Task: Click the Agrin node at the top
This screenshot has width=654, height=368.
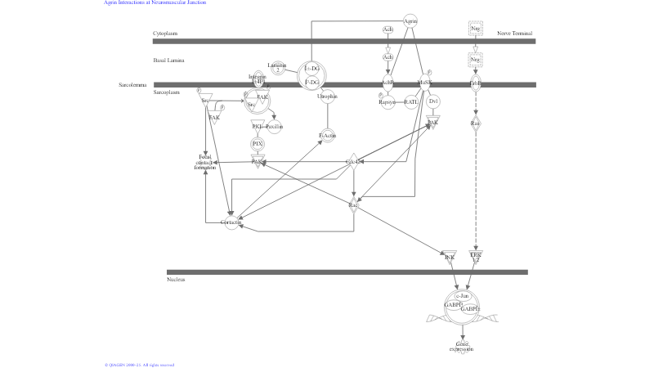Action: coord(410,20)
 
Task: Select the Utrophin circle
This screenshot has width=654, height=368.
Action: coord(327,96)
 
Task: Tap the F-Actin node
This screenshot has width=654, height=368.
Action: coord(327,135)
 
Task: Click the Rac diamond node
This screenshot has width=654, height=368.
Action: coord(354,204)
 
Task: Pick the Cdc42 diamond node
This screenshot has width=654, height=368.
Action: coord(354,162)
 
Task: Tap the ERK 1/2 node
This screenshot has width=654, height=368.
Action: coord(476,257)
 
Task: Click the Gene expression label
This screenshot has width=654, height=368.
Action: coord(462,347)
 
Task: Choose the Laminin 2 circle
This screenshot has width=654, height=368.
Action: coord(277,67)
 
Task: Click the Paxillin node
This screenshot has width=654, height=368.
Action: coord(275,127)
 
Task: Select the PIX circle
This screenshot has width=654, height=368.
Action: coord(258,144)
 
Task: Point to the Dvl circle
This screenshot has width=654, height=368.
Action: coord(433,101)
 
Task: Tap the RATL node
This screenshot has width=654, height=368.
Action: coord(410,102)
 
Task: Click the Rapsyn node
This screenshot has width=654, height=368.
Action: coord(387,102)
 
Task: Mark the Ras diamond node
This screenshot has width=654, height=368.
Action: coord(476,123)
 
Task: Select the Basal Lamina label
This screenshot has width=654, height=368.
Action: coord(168,61)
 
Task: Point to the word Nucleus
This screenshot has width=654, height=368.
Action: coord(176,280)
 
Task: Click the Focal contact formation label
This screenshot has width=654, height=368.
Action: coord(205,161)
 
